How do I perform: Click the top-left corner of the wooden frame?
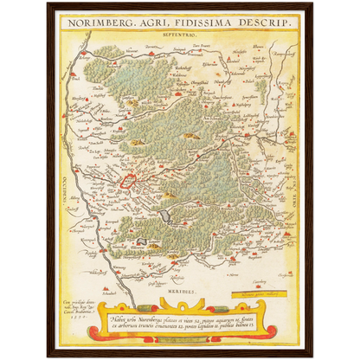(x=48, y=3)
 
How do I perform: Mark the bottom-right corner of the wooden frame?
(x=312, y=357)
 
